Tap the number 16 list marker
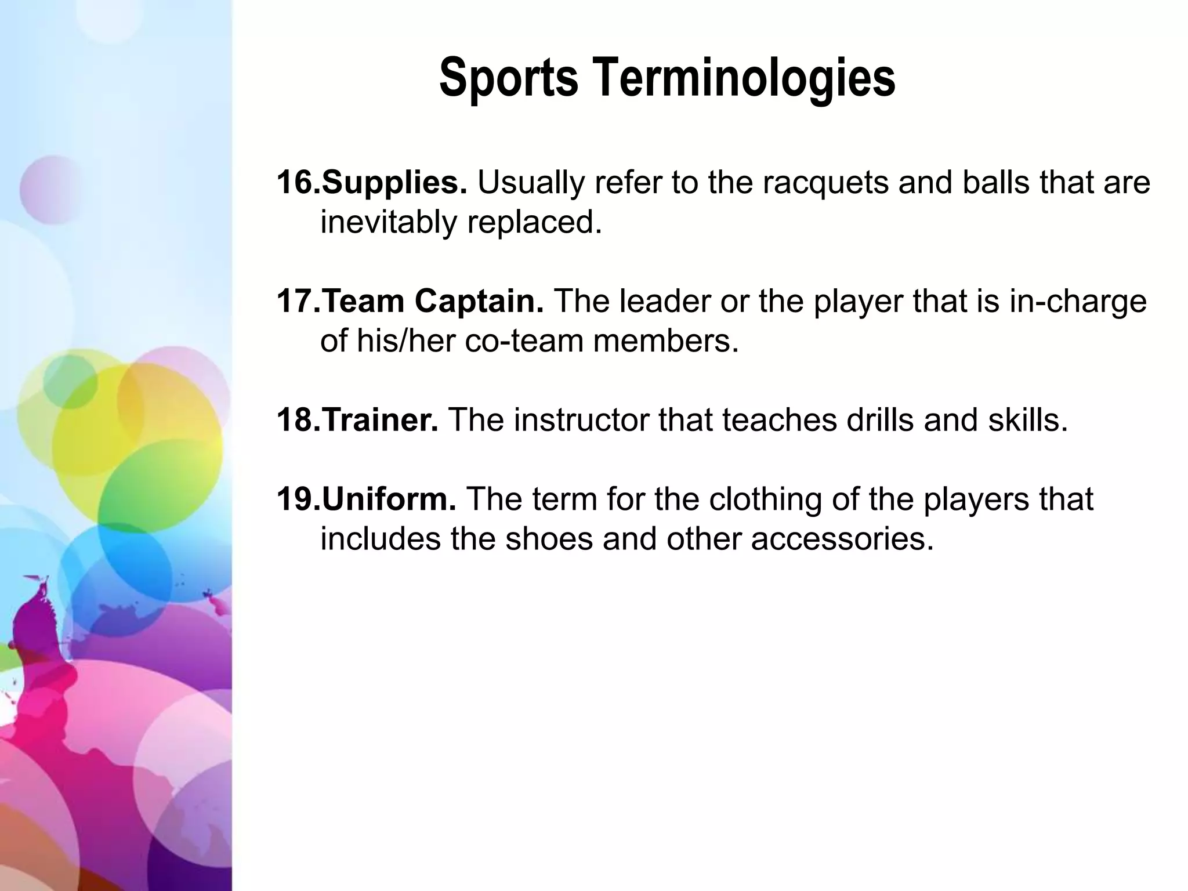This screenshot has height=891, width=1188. point(296,183)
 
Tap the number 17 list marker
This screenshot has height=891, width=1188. point(296,302)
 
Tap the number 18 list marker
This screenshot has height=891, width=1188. point(296,420)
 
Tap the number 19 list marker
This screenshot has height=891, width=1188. point(296,499)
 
